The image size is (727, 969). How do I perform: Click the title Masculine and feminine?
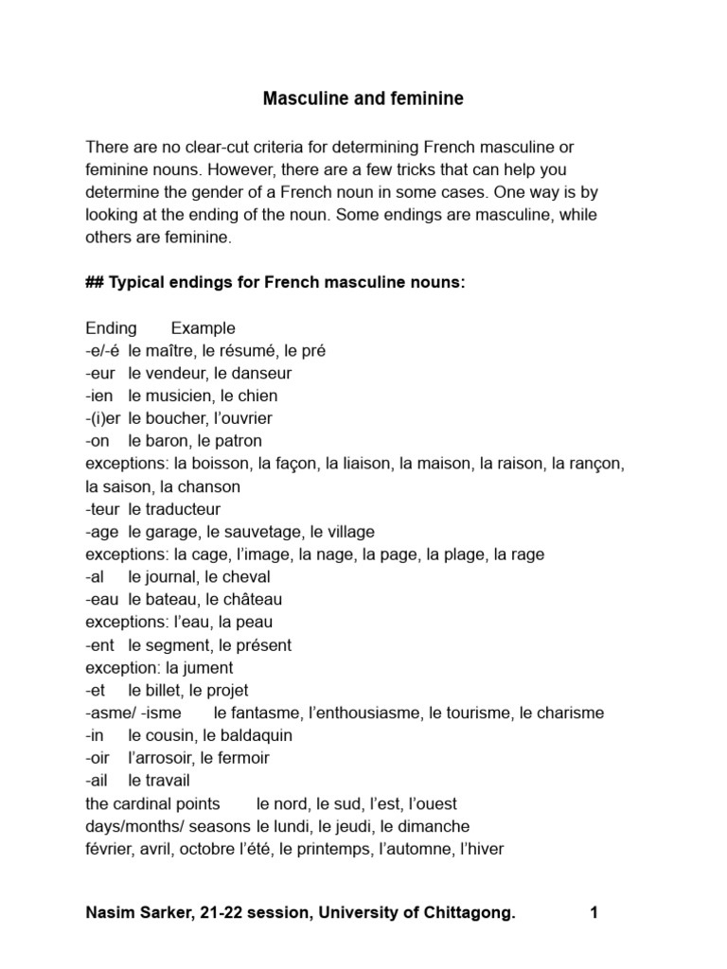(x=363, y=98)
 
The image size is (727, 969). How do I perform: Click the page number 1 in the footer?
(x=594, y=913)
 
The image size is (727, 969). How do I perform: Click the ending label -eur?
(x=100, y=374)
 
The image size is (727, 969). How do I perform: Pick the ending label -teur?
(x=102, y=509)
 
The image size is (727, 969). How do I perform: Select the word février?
(x=109, y=849)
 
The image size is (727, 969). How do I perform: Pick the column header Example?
(x=203, y=328)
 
